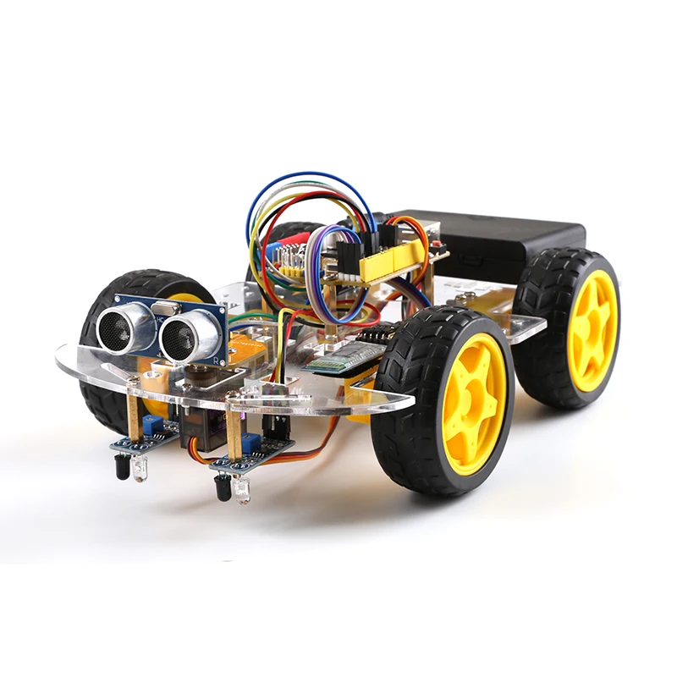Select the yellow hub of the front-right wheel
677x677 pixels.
[473, 403]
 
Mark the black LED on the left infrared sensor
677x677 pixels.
[122, 465]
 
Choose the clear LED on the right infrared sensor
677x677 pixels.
[244, 491]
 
